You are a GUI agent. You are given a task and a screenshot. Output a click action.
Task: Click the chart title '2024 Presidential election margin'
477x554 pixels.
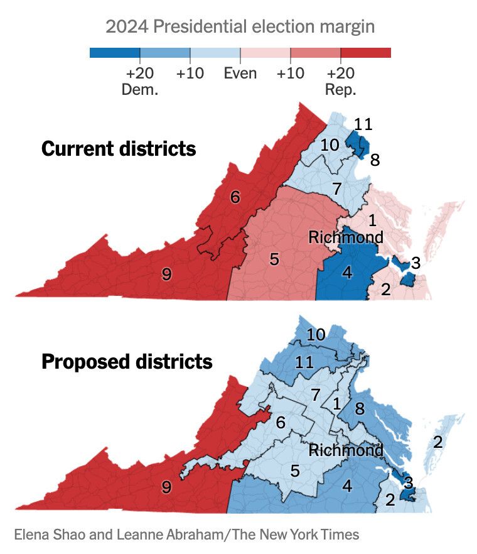tap(240, 26)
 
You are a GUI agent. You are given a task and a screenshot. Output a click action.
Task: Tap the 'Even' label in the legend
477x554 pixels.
tap(240, 73)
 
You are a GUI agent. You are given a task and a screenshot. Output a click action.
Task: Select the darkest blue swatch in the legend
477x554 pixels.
tap(114, 53)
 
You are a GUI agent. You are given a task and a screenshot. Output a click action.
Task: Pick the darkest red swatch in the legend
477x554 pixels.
tap(365, 53)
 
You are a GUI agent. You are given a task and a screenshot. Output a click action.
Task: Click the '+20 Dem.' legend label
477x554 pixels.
tap(139, 81)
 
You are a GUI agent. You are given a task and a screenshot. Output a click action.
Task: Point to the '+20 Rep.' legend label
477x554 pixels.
tap(340, 81)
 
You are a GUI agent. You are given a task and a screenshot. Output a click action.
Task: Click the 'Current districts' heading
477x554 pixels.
tap(119, 149)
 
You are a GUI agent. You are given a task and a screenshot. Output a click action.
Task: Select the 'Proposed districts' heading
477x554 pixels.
tap(127, 362)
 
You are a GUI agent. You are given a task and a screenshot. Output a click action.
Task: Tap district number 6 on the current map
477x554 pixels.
tap(235, 197)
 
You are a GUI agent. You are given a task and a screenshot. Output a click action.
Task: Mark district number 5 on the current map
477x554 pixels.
tap(274, 259)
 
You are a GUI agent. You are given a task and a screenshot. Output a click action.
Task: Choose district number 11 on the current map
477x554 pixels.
tap(363, 124)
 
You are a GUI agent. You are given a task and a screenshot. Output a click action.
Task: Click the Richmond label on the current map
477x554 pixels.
tap(345, 237)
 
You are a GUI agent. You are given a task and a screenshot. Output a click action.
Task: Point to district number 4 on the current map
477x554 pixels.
tap(347, 273)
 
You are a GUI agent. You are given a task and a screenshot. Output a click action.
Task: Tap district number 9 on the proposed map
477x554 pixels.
tap(166, 487)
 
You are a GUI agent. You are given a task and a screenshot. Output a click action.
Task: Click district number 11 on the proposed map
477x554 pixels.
tap(304, 362)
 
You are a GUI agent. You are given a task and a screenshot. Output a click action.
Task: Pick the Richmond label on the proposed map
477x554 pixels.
tap(345, 450)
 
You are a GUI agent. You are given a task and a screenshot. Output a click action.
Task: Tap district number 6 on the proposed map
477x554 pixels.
tap(281, 422)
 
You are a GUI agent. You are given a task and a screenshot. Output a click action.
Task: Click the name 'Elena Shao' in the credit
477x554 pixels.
tap(45, 535)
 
